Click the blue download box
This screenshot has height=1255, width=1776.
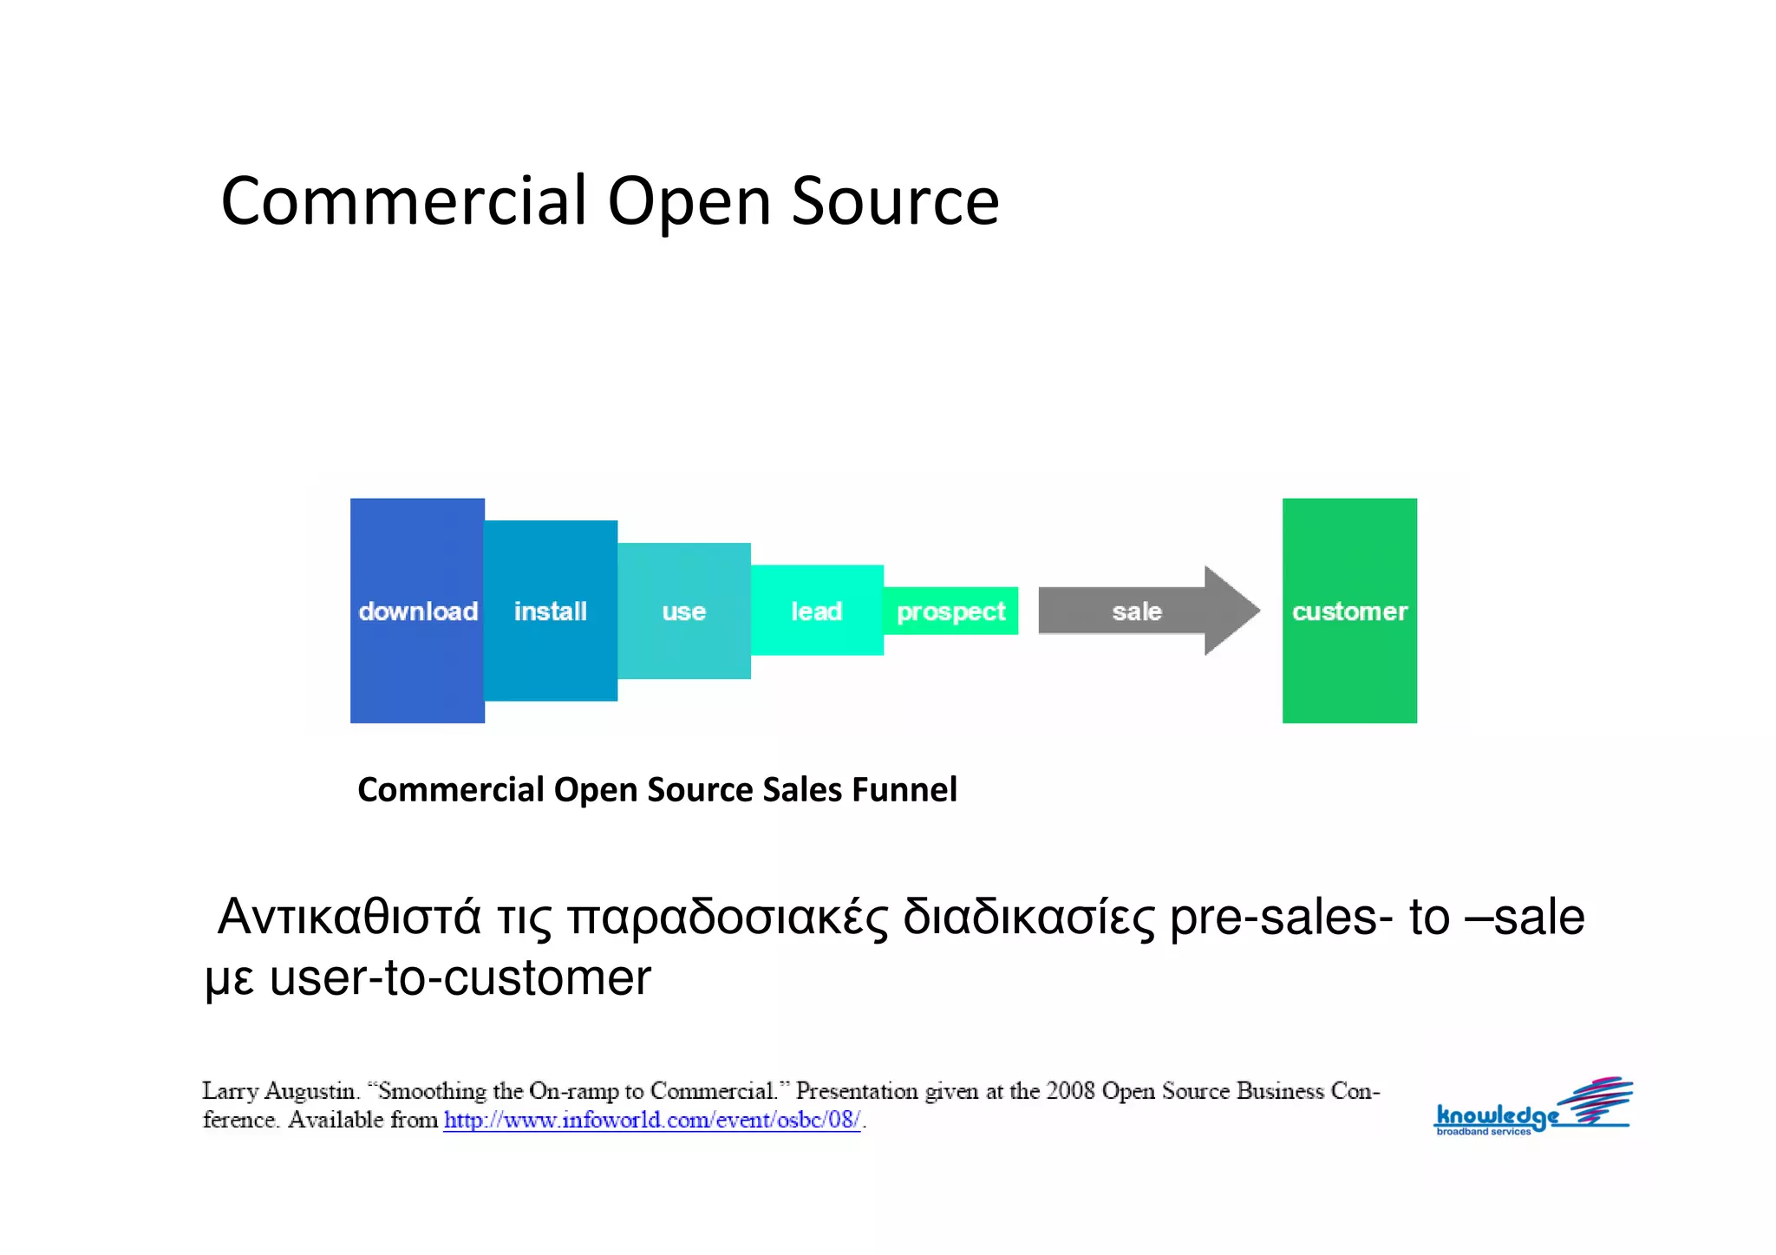pos(417,611)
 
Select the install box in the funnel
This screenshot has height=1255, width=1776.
pos(551,611)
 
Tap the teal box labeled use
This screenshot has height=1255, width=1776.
pos(684,611)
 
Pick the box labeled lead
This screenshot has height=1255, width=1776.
pos(817,611)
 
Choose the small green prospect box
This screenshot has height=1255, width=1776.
pos(950,611)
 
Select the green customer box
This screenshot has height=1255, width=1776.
pos(1349,611)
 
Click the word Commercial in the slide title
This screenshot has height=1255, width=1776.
pos(404,201)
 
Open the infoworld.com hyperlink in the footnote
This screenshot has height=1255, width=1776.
pos(651,1120)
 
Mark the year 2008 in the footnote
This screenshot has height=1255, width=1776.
pos(1070,1091)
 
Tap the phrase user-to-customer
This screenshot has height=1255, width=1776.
pos(460,978)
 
